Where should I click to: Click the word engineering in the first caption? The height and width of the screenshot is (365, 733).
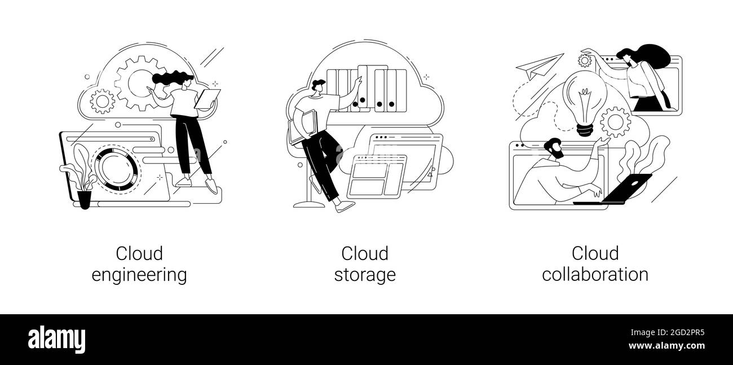(139, 275)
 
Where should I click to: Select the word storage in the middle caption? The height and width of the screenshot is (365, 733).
(365, 275)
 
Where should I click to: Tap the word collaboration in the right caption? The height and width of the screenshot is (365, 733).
(595, 274)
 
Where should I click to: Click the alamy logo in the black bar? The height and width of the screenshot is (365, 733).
(56, 340)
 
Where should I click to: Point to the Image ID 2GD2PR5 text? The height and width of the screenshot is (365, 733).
(668, 333)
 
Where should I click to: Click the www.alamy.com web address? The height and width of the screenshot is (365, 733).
(666, 346)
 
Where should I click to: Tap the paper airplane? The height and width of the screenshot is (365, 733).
(539, 67)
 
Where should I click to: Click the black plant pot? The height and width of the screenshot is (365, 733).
(84, 200)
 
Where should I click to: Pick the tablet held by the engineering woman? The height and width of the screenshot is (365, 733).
(207, 99)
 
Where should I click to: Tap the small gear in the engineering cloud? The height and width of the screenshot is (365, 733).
(103, 102)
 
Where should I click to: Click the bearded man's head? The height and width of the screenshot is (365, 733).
(554, 148)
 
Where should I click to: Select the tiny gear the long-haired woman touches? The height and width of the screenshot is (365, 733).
(585, 61)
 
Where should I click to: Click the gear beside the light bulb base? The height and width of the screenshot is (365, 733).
(616, 122)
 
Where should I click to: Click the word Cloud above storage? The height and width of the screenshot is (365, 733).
(365, 254)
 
